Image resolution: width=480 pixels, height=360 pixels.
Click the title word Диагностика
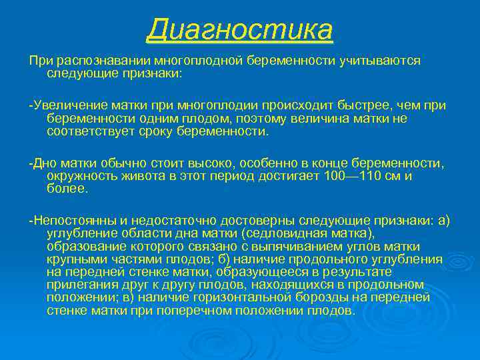coord(240,29)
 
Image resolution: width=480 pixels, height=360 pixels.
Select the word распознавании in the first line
coord(97,61)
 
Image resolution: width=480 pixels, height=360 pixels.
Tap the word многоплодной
coord(199,61)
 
